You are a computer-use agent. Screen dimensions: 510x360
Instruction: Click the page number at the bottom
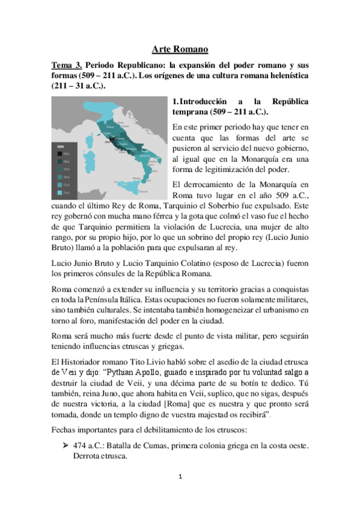pos(179,493)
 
